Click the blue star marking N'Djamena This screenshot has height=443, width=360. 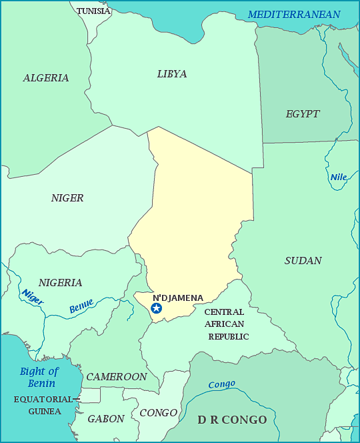coord(157,308)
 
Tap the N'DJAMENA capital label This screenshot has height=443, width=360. coord(178,298)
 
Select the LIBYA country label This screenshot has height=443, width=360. coord(172,74)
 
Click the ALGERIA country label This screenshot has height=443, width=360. coord(46,78)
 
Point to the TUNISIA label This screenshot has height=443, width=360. coord(93,11)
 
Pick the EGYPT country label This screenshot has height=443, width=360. coord(303,114)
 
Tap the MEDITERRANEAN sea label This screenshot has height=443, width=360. coord(294,15)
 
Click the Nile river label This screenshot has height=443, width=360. coord(339,177)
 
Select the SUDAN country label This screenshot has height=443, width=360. coord(303,261)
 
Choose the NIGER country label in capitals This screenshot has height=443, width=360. coord(67,198)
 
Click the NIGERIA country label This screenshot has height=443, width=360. coord(61,283)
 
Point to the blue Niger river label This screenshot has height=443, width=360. coord(32,297)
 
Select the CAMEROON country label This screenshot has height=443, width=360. coord(117,377)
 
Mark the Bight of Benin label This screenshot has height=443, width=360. coord(39,377)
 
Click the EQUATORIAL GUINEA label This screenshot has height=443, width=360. coord(43,405)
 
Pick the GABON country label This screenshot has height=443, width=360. coord(106,419)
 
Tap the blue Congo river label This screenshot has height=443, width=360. coord(221,385)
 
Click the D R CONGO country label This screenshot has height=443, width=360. coord(232,420)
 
